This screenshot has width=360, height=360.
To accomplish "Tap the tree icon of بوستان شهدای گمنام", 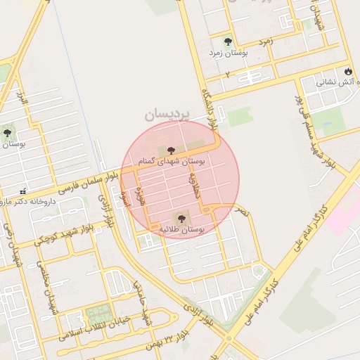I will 171,150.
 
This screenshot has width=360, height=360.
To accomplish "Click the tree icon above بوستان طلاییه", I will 181,217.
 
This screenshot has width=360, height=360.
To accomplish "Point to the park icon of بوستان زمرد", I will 226,41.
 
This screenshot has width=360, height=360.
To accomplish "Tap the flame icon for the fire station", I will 348,71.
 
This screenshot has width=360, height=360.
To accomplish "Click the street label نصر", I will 242,211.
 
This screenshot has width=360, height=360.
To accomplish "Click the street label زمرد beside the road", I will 266,41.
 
